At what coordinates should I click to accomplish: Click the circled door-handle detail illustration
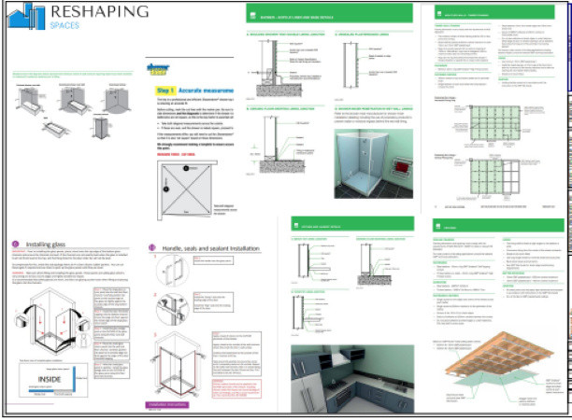coord(161,309)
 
